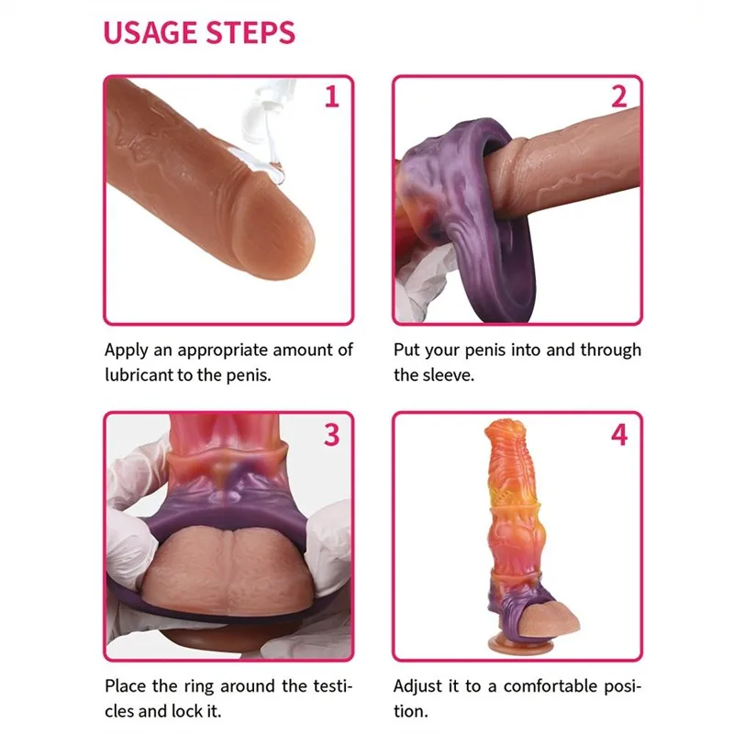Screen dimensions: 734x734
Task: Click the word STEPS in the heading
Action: pos(250,33)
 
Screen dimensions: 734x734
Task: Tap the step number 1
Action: pos(332,96)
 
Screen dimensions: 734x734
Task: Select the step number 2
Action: pos(618,96)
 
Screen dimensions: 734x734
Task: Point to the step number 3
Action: pos(332,435)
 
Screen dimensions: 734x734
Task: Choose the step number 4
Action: pos(618,435)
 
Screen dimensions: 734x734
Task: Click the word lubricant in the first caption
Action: pos(139,375)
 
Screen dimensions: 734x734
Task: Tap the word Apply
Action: pos(127,350)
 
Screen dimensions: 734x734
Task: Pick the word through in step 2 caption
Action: pos(611,350)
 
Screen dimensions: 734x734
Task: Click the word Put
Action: pos(406,350)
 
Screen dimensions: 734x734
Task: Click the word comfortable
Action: pos(550,686)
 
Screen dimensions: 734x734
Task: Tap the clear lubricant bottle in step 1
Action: pos(263,127)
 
